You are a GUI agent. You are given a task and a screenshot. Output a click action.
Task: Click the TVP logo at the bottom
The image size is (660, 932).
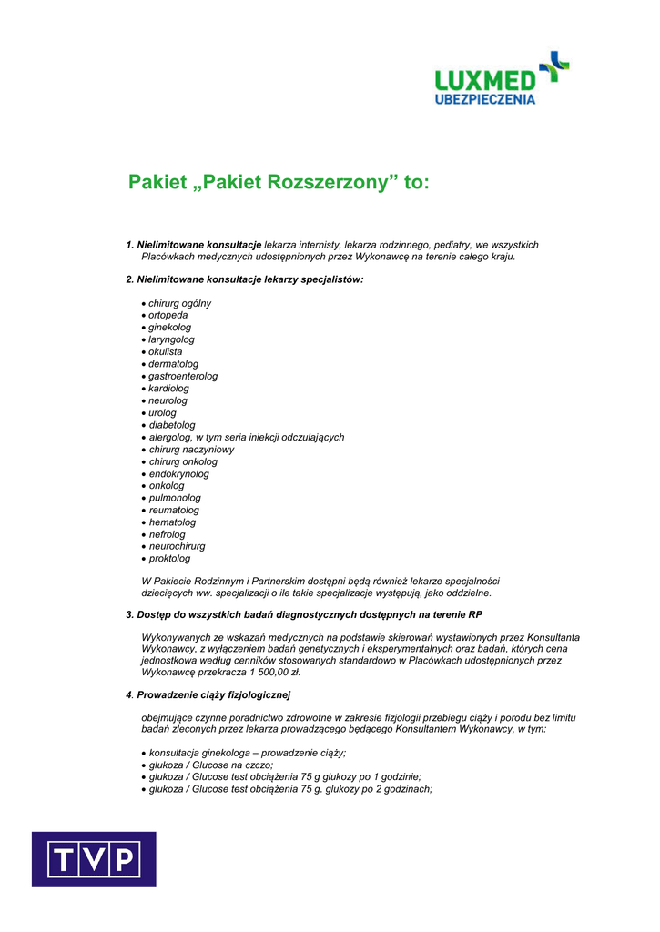(x=94, y=859)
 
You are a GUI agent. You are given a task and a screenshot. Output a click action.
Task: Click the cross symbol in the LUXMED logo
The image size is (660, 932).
(x=554, y=66)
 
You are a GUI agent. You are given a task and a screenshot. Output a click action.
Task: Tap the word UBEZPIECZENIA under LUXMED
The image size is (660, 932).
(x=484, y=98)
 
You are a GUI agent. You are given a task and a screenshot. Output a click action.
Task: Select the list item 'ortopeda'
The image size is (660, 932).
(x=168, y=315)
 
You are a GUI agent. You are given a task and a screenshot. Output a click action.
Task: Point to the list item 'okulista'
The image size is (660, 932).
(x=166, y=351)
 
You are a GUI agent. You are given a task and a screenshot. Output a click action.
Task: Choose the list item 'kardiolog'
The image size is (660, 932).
(x=168, y=388)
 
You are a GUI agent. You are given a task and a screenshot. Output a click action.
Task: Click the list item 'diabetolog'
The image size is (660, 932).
(x=172, y=425)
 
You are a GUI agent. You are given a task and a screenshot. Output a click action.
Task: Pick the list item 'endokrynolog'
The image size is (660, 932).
(x=178, y=473)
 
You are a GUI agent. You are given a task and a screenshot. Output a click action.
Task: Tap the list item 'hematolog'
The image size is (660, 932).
(x=172, y=522)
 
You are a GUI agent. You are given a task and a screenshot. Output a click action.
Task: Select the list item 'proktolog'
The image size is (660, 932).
(x=169, y=559)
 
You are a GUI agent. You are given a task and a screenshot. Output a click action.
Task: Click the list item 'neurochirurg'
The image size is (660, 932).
(x=177, y=546)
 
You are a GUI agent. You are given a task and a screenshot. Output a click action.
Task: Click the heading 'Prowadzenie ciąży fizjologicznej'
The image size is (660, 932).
(x=213, y=695)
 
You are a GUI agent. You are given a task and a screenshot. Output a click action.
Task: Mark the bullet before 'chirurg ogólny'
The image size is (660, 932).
(x=144, y=304)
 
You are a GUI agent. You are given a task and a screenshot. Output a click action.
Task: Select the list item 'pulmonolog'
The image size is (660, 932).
(x=175, y=498)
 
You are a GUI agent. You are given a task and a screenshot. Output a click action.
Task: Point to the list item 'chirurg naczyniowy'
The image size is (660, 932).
(x=191, y=450)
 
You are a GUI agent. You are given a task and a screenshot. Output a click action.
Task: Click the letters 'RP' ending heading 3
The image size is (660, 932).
(x=476, y=614)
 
